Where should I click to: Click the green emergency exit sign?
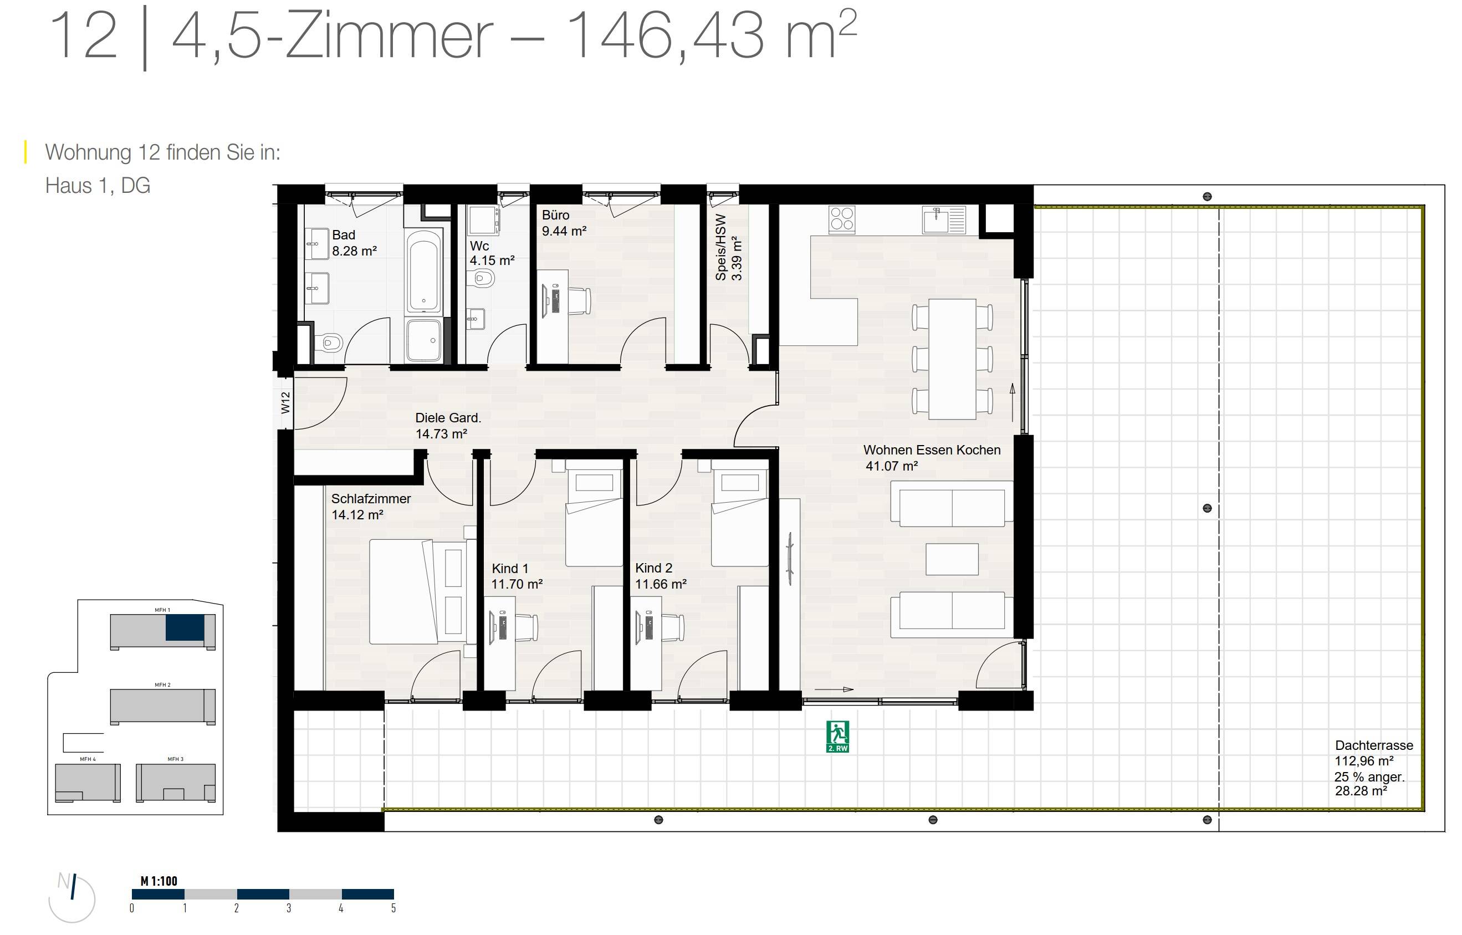click(x=837, y=736)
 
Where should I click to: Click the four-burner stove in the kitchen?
click(x=841, y=219)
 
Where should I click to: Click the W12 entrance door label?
click(x=285, y=402)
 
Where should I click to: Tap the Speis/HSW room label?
click(x=728, y=248)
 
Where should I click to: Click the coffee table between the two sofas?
click(x=952, y=559)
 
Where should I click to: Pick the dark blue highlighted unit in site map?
click(x=185, y=627)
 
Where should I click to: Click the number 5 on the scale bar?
click(x=393, y=908)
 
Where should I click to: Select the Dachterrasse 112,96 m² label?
click(x=1373, y=753)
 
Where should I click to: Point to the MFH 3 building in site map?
click(x=175, y=782)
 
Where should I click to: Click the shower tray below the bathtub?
click(x=423, y=340)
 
